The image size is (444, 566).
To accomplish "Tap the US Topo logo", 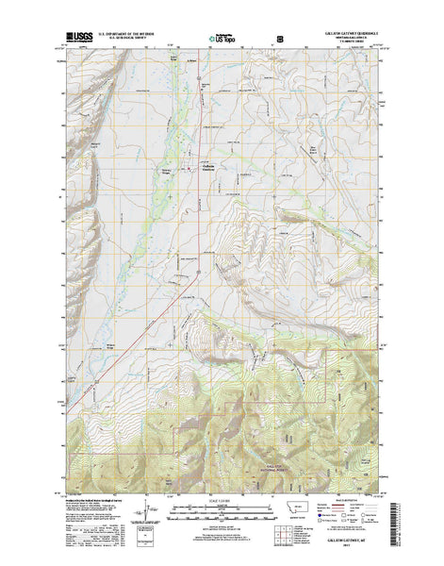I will point(223,40).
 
